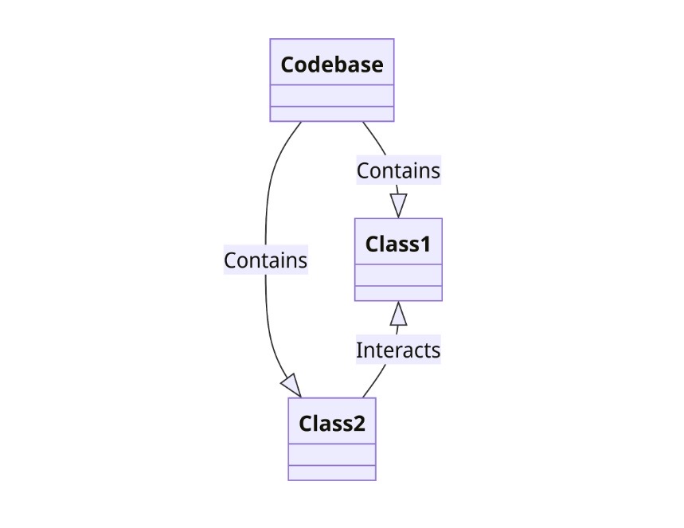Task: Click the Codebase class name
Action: click(x=331, y=65)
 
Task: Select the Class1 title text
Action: click(x=397, y=244)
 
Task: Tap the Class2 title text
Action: click(x=331, y=424)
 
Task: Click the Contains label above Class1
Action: click(x=397, y=170)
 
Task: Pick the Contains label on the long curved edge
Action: click(x=265, y=260)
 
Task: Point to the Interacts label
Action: click(x=397, y=350)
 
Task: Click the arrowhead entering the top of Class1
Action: click(x=399, y=205)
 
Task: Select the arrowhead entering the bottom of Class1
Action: click(x=399, y=314)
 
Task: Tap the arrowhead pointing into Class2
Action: click(x=291, y=385)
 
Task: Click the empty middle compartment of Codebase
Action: click(x=331, y=95)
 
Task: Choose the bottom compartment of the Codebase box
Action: click(x=331, y=113)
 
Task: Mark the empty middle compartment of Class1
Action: click(x=397, y=275)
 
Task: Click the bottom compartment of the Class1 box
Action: click(x=397, y=293)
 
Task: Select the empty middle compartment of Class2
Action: click(x=331, y=455)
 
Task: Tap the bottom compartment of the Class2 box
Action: click(x=331, y=473)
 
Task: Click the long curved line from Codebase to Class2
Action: click(x=268, y=199)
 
